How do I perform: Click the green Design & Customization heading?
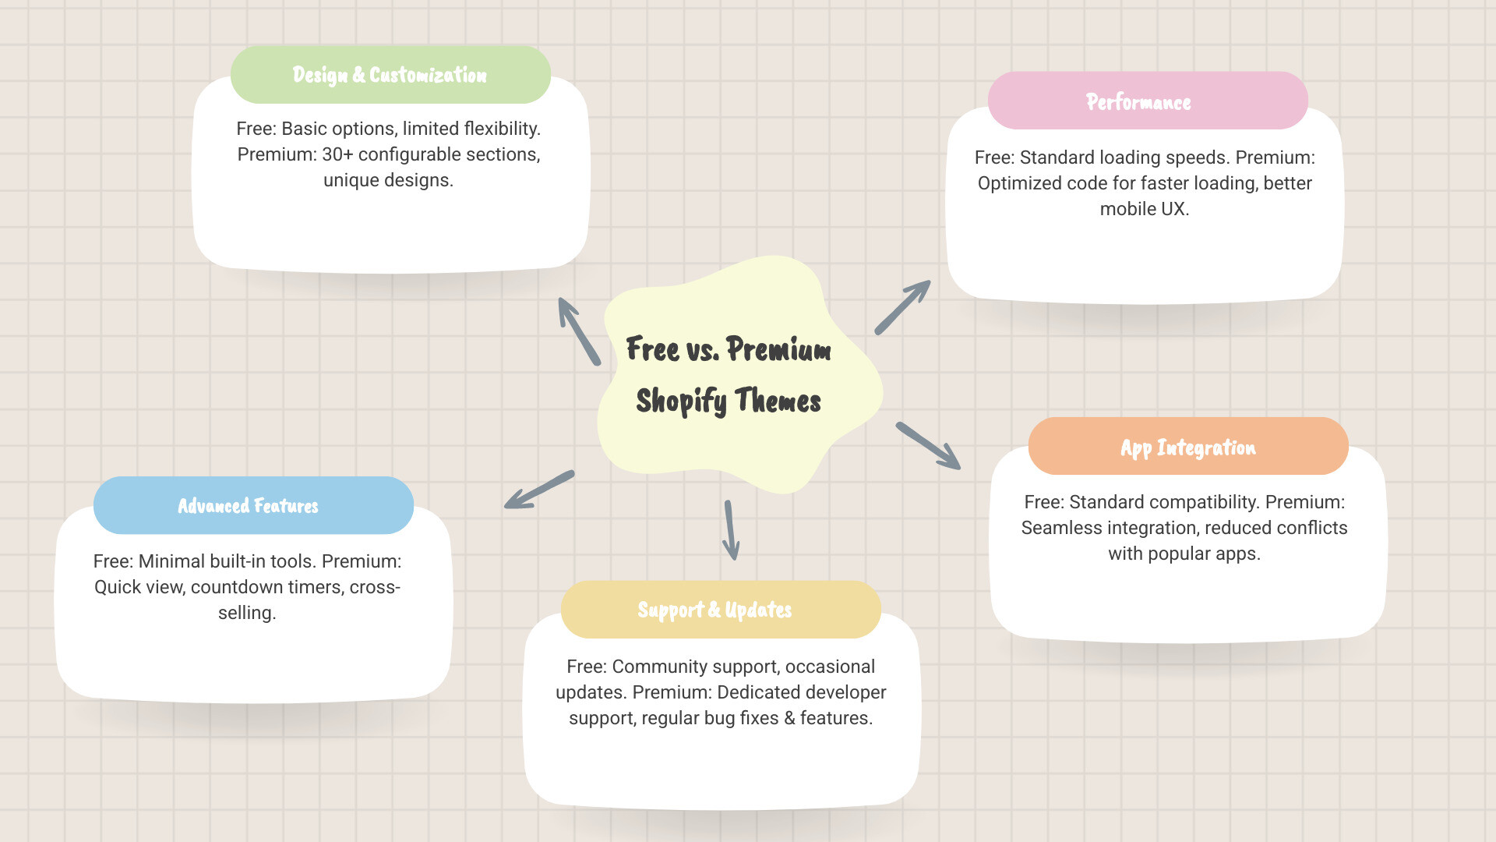click(x=390, y=75)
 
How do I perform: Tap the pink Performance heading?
click(x=1138, y=102)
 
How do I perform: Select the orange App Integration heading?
click(x=1187, y=448)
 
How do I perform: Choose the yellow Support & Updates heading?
click(x=714, y=610)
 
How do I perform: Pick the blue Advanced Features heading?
click(x=249, y=506)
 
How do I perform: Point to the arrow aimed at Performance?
click(x=903, y=307)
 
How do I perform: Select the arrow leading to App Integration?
click(x=928, y=446)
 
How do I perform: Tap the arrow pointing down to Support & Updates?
click(x=731, y=530)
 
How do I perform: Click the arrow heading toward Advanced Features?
click(x=539, y=490)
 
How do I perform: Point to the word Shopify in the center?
click(x=681, y=401)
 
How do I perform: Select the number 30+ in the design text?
click(x=337, y=154)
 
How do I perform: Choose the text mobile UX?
click(x=1144, y=209)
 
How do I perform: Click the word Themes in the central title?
click(x=778, y=401)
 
